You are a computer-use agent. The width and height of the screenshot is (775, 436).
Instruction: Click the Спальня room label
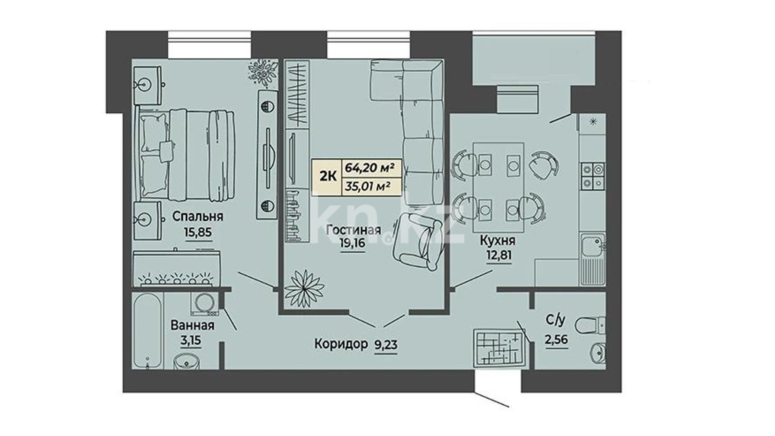point(198,216)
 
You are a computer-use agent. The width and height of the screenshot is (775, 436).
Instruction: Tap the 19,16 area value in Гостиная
point(352,243)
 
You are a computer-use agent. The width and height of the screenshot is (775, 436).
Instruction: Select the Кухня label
point(498,240)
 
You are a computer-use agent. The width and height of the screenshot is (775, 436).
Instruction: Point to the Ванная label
point(192,325)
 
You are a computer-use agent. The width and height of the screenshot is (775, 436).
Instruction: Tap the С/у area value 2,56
point(556,340)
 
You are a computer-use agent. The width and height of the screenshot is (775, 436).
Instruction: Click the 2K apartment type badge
point(328,176)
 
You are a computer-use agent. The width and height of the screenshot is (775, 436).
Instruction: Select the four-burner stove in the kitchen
point(592,177)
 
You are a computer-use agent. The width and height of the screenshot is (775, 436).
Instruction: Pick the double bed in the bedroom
point(186,156)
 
